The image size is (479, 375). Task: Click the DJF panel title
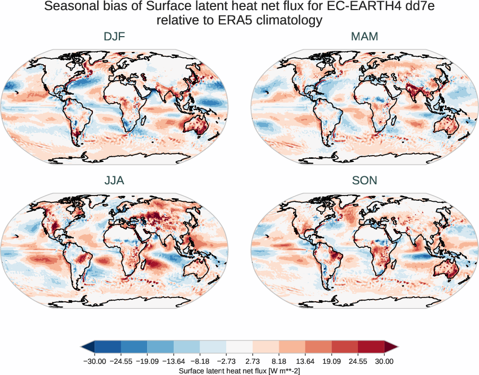pos(115,37)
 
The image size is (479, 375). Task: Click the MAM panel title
pos(364,37)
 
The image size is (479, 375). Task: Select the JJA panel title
pos(115,181)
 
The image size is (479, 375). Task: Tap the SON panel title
pos(364,181)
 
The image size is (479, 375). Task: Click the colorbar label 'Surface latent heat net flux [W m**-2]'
pos(239,370)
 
